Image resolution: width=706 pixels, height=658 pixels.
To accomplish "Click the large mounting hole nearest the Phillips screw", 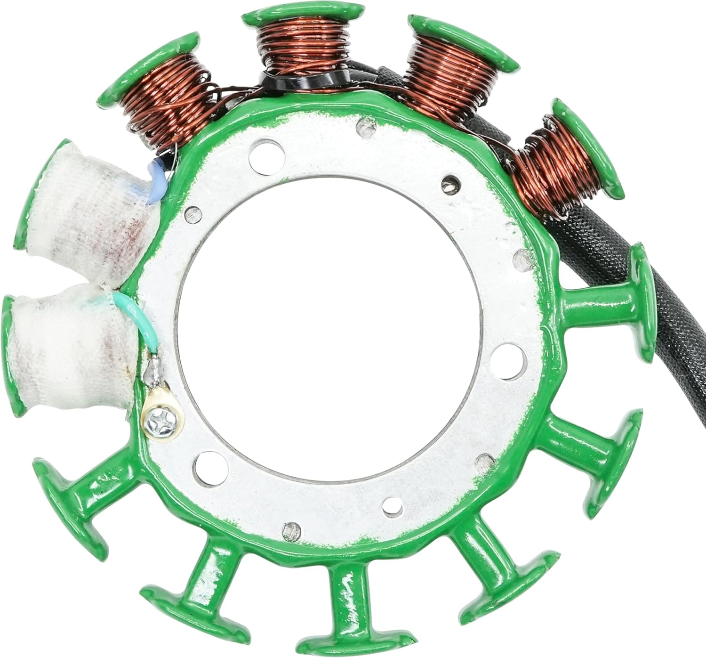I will tap(203, 466).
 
